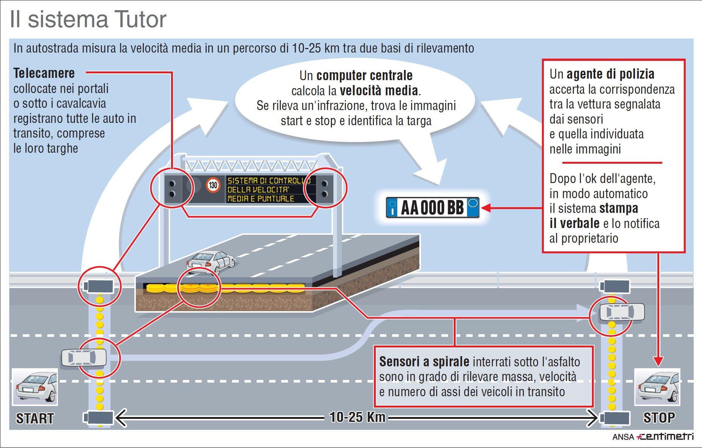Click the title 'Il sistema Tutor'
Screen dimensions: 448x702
tap(88, 20)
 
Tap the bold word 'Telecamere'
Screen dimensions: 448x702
tap(44, 73)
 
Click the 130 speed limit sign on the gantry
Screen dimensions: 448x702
tap(213, 185)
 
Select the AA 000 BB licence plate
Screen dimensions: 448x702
tap(433, 208)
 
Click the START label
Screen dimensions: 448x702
tap(35, 419)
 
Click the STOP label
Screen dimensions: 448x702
tap(659, 418)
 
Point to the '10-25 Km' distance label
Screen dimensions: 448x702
tap(357, 417)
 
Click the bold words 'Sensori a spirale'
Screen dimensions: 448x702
tap(424, 362)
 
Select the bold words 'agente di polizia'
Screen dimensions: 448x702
tap(610, 74)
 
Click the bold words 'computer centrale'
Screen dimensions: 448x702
tap(364, 76)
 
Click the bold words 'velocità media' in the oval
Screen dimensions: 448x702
tap(378, 91)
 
